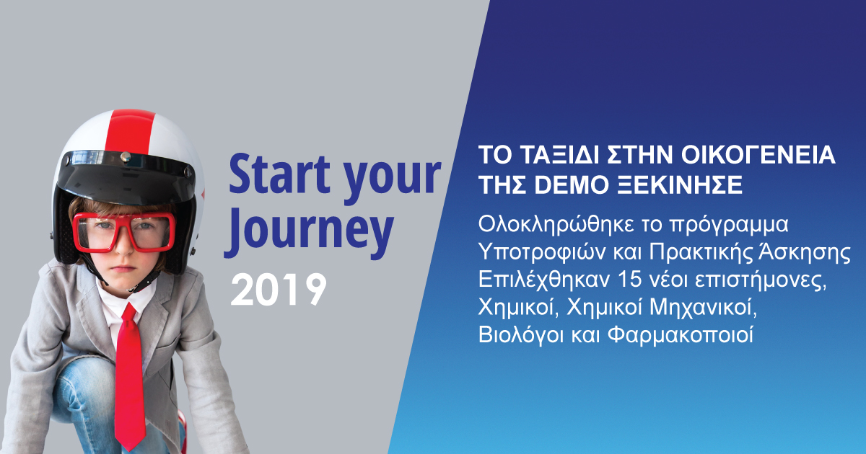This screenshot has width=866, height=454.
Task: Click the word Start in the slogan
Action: click(280, 174)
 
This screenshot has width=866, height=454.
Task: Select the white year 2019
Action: click(279, 290)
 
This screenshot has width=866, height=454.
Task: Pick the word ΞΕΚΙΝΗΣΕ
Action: click(678, 185)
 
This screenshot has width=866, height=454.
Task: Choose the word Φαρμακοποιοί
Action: click(681, 335)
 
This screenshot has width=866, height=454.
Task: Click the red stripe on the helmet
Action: click(130, 132)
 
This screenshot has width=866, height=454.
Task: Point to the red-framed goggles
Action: click(123, 231)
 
